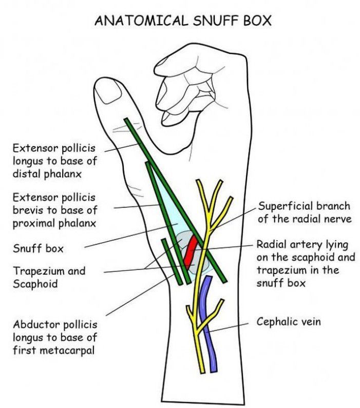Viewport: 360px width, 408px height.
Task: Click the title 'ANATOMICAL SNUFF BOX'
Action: pyautogui.click(x=183, y=21)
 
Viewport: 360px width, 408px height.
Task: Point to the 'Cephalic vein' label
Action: pyautogui.click(x=289, y=322)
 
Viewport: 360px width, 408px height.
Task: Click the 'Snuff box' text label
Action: pyautogui.click(x=38, y=249)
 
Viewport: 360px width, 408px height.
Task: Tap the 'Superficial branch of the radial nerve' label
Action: pyautogui.click(x=304, y=212)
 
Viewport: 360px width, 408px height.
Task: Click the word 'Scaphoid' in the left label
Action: pyautogui.click(x=34, y=283)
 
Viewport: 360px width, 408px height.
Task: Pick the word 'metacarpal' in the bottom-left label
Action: pyautogui.click(x=67, y=351)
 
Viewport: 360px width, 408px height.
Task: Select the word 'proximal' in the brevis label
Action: pyautogui.click(x=31, y=223)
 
